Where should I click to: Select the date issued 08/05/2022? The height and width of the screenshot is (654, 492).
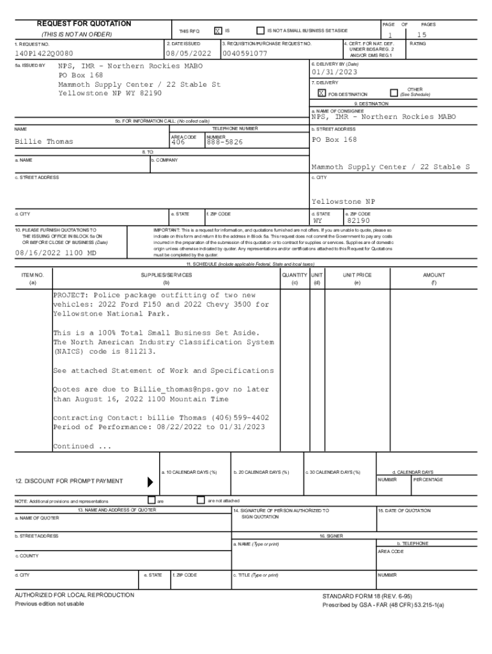188,54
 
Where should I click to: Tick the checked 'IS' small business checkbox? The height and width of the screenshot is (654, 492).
218,31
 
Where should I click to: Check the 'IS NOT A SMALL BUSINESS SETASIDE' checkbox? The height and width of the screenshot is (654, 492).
260,31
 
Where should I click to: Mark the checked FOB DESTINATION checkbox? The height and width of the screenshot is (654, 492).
322,93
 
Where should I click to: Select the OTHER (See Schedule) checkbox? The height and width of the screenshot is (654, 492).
394,93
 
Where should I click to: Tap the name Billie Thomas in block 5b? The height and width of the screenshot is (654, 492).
43,142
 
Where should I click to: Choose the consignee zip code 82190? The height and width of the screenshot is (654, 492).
359,221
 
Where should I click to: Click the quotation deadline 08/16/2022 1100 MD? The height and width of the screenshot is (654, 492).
56,253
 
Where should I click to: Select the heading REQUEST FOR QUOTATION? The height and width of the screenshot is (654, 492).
84,24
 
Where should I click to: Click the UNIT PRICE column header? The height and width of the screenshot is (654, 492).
357,275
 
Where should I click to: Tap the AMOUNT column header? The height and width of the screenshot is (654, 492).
434,275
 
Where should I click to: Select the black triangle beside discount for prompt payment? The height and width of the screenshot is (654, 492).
151,482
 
